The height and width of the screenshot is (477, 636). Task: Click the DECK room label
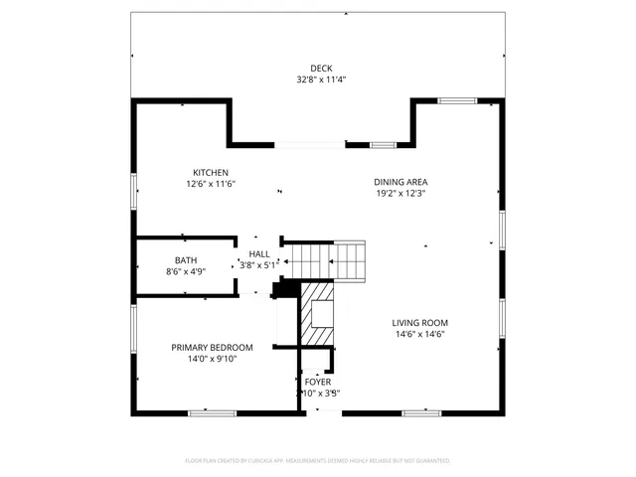321,69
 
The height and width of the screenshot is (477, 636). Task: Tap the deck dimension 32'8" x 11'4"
321,79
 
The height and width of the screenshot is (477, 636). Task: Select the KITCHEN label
211,173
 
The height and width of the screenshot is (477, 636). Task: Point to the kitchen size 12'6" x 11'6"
211,184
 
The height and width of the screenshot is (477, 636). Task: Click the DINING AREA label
400,182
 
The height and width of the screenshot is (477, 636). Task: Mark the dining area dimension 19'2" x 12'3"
400,193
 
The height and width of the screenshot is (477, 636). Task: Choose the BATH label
186,260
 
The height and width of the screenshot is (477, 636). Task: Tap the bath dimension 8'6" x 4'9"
186,271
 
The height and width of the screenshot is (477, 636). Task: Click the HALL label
259,254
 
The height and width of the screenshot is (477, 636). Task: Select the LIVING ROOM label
419,323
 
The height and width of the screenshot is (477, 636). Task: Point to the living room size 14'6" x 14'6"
419,334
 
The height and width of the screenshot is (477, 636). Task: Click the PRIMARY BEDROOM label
212,348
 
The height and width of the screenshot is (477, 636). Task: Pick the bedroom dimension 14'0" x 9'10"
212,359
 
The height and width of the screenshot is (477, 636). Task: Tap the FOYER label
318,382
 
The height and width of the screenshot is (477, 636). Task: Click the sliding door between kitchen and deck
310,145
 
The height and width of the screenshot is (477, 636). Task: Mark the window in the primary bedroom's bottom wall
212,412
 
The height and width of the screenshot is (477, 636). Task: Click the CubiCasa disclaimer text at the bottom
318,461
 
